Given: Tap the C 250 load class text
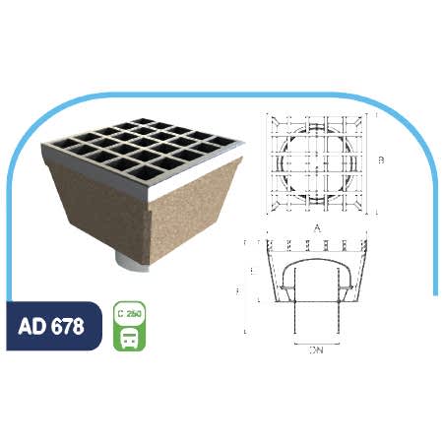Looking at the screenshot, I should (x=131, y=315).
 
